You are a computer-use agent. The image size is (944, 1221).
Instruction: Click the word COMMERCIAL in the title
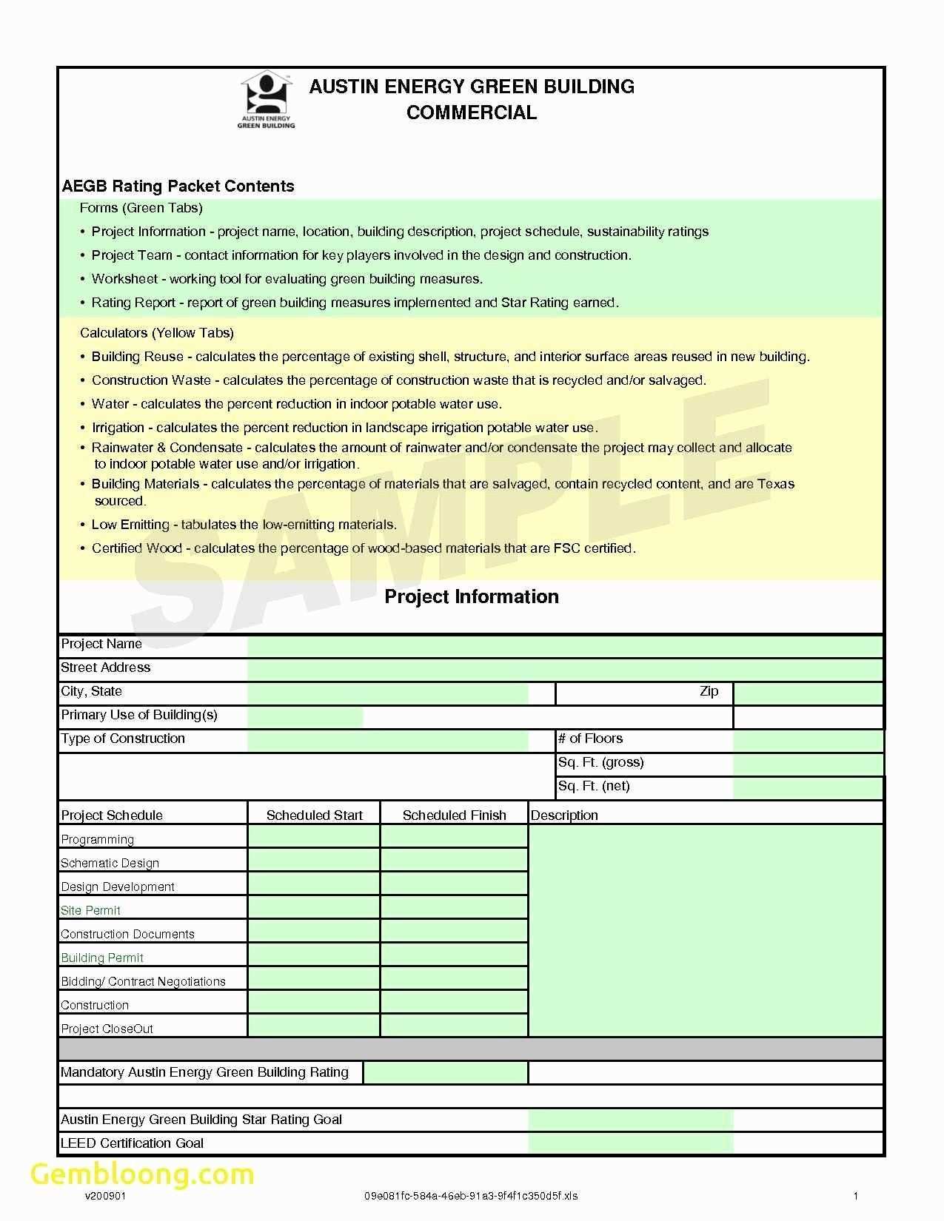click(x=472, y=112)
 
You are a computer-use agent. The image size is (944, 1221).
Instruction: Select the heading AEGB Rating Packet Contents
click(x=178, y=186)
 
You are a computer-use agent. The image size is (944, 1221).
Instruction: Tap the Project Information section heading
click(x=472, y=597)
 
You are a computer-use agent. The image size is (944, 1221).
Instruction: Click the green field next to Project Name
click(x=565, y=645)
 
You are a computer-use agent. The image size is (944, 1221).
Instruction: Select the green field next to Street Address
click(x=565, y=669)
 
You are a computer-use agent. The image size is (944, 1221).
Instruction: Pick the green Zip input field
click(x=808, y=693)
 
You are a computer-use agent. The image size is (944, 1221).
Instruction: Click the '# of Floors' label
click(x=590, y=739)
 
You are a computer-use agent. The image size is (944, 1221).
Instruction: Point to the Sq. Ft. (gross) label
click(x=600, y=762)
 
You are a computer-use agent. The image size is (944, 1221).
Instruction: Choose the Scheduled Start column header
click(x=314, y=815)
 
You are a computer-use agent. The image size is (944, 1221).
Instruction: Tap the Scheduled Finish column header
click(x=454, y=815)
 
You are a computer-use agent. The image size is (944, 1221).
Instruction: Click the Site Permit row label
click(x=90, y=910)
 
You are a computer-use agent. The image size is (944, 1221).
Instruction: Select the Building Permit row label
click(x=102, y=958)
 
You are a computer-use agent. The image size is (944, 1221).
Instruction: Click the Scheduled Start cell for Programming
click(x=314, y=837)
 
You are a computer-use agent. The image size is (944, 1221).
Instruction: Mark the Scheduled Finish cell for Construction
click(x=454, y=1003)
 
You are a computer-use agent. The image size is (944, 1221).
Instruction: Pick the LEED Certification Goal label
click(x=132, y=1143)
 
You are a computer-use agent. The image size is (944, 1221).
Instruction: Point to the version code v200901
click(x=100, y=1196)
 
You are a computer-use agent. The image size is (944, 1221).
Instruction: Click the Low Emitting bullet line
click(x=244, y=525)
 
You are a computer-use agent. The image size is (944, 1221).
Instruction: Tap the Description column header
click(x=564, y=815)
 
